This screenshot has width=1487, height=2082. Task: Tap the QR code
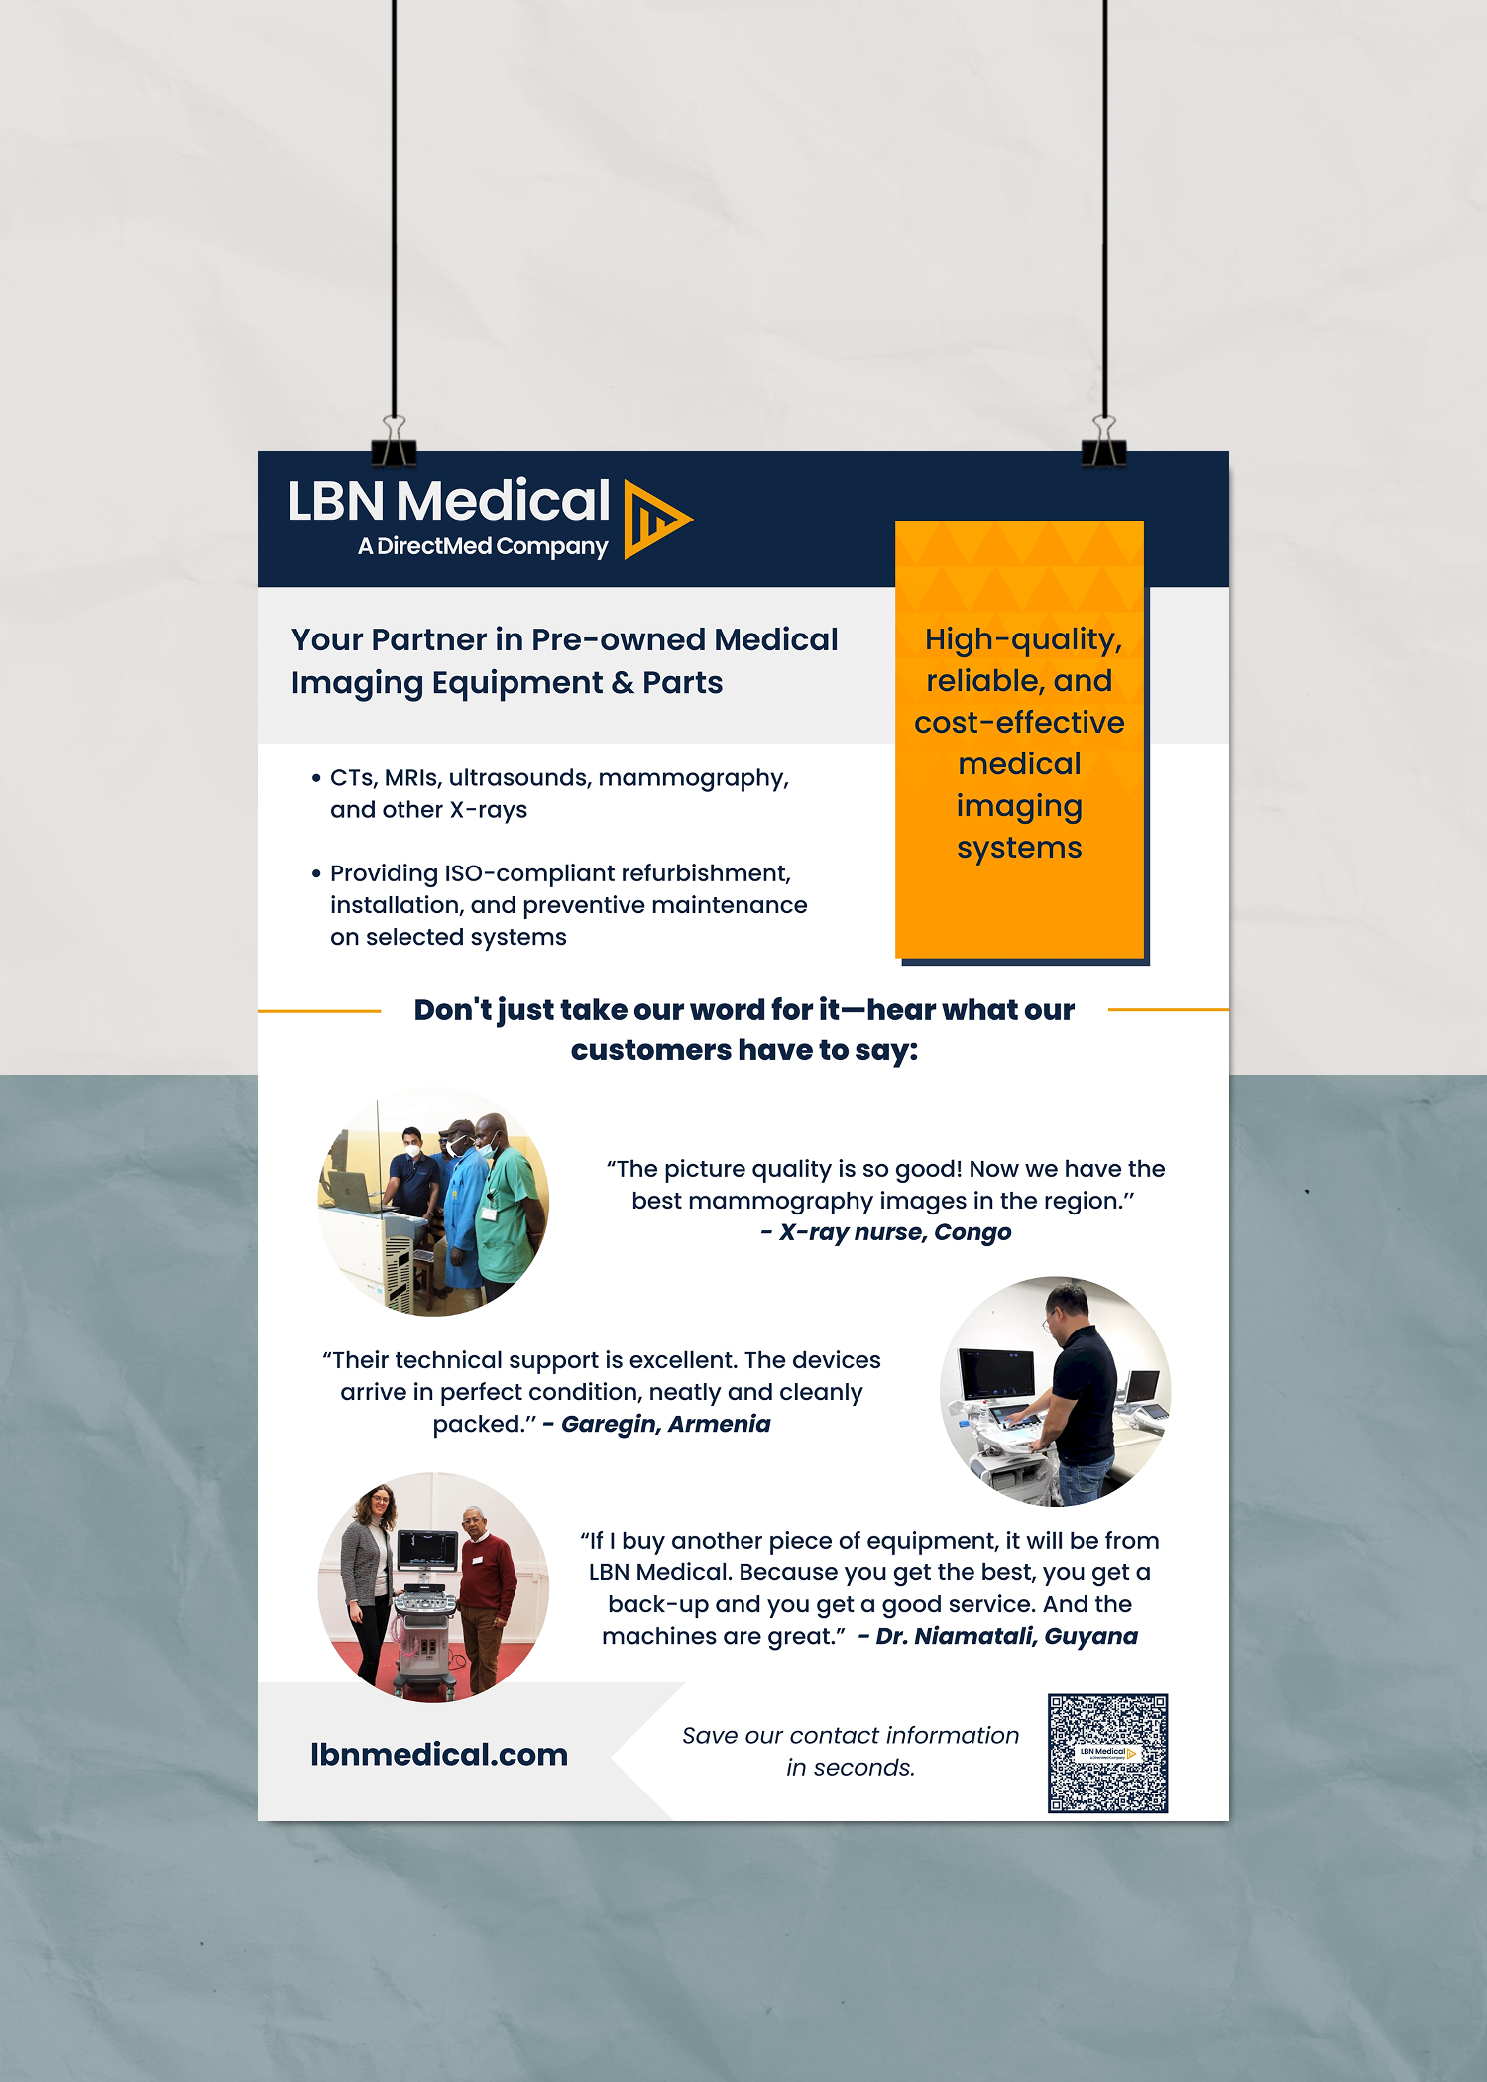click(1107, 1753)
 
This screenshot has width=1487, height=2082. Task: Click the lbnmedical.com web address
click(439, 1754)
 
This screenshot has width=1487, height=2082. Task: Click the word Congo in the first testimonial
click(972, 1232)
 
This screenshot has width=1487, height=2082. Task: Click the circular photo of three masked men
click(433, 1202)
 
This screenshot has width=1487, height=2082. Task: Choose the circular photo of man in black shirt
click(1055, 1391)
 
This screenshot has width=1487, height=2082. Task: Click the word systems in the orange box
click(1019, 848)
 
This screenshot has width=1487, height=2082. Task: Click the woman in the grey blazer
click(368, 1576)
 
